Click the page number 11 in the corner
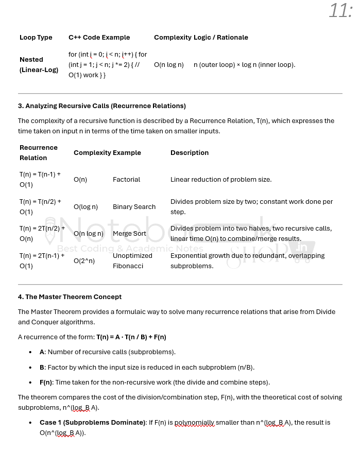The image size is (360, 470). (x=340, y=10)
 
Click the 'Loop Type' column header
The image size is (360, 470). (x=36, y=38)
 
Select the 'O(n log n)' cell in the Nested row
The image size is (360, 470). (x=168, y=65)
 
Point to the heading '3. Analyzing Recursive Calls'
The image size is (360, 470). (x=102, y=106)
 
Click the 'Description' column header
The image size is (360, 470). (x=190, y=153)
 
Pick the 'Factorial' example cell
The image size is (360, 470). (x=126, y=180)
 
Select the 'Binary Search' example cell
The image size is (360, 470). (x=134, y=207)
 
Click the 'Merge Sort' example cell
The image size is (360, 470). (x=129, y=234)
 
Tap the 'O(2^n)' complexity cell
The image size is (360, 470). (x=84, y=261)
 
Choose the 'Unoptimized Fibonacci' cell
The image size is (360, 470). (x=132, y=261)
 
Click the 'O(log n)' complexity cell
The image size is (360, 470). (x=85, y=207)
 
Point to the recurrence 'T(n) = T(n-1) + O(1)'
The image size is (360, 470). (x=40, y=180)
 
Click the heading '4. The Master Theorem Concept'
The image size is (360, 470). (x=70, y=297)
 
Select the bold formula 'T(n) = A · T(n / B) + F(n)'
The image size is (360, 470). (x=131, y=337)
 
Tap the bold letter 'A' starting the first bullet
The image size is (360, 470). (x=42, y=352)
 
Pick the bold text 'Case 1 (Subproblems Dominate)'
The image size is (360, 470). (x=93, y=423)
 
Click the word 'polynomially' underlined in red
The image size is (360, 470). (x=194, y=423)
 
